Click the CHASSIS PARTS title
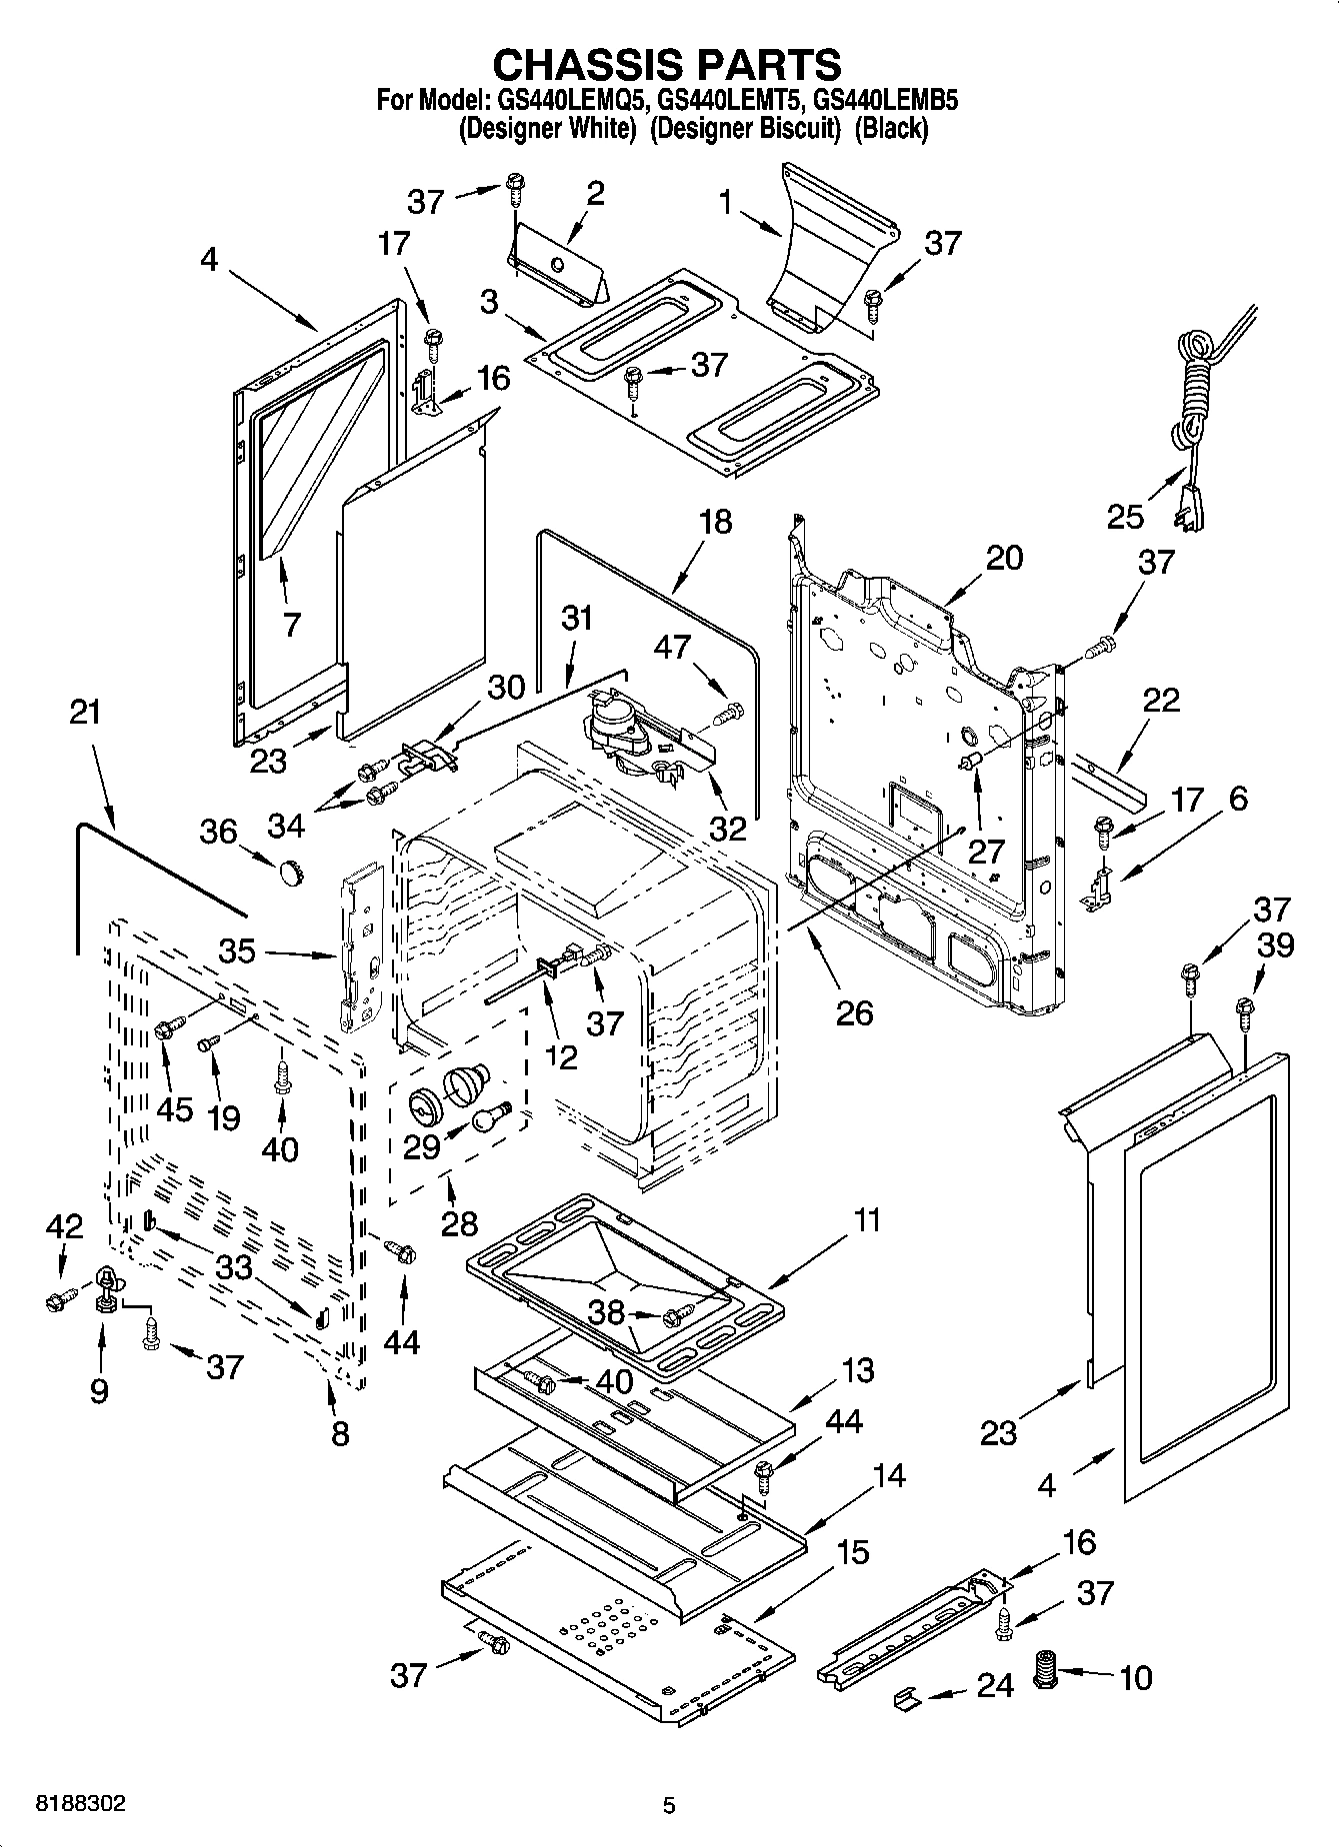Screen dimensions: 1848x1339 (x=668, y=64)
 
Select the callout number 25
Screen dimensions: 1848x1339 (x=1125, y=516)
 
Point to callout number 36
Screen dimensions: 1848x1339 (x=218, y=832)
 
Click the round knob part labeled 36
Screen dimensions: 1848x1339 (x=291, y=872)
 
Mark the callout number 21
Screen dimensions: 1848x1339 (x=86, y=713)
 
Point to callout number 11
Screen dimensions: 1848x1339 (x=867, y=1220)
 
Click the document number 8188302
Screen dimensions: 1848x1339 (x=81, y=1804)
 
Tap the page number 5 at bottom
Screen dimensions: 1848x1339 (x=669, y=1805)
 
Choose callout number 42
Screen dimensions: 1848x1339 (x=64, y=1226)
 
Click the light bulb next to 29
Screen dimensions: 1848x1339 (x=492, y=1117)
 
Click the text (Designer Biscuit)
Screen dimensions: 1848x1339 (x=745, y=129)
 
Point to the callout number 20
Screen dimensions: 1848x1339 (x=1004, y=557)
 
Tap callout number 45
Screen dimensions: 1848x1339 (x=175, y=1108)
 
